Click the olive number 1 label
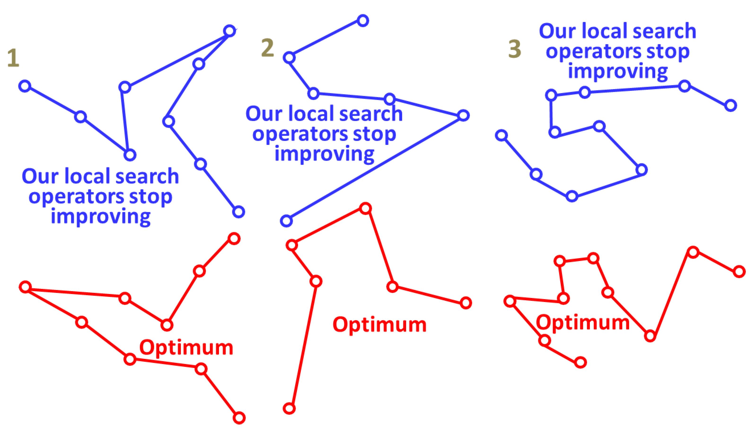coord(13,58)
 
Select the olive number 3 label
coord(514,49)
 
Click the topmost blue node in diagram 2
coord(363,21)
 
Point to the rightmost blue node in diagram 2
coord(463,115)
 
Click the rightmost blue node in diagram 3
coord(730,106)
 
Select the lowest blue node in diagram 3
coord(572,196)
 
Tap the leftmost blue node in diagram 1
coord(25,86)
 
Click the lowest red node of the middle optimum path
coord(289,408)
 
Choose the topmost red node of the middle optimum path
coord(365,208)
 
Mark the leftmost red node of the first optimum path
coord(25,287)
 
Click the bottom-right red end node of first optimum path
coord(239,418)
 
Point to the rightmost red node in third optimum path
coord(739,272)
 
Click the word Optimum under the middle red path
coord(379,325)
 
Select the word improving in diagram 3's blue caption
coord(618,71)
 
